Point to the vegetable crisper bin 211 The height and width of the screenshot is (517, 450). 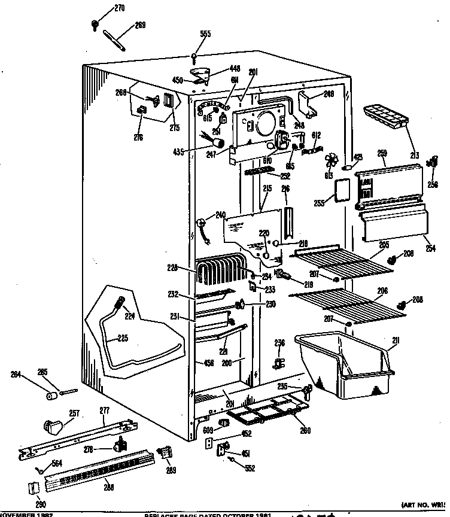344,366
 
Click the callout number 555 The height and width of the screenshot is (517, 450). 205,34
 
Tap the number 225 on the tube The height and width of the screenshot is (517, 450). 122,338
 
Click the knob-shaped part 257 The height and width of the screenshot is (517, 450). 54,427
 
